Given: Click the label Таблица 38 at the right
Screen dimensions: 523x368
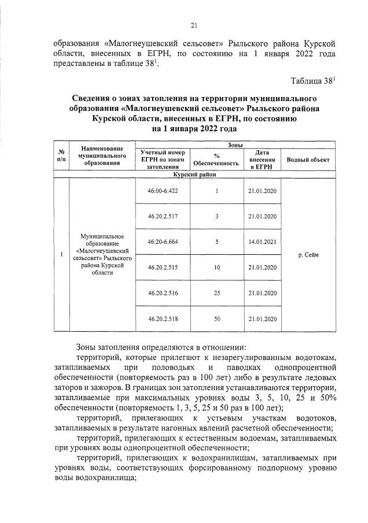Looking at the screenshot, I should pos(313,81).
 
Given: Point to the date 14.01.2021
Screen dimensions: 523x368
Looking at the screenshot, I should pos(262,242).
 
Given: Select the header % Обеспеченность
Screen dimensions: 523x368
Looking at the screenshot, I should pos(216,160).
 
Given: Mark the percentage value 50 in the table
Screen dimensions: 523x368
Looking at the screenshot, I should pos(216,318).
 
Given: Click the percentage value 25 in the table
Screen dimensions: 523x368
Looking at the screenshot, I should pos(216,293).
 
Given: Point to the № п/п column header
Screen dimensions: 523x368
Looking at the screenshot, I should pos(61,155).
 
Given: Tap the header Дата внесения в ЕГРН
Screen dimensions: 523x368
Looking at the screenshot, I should pos(262,160).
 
